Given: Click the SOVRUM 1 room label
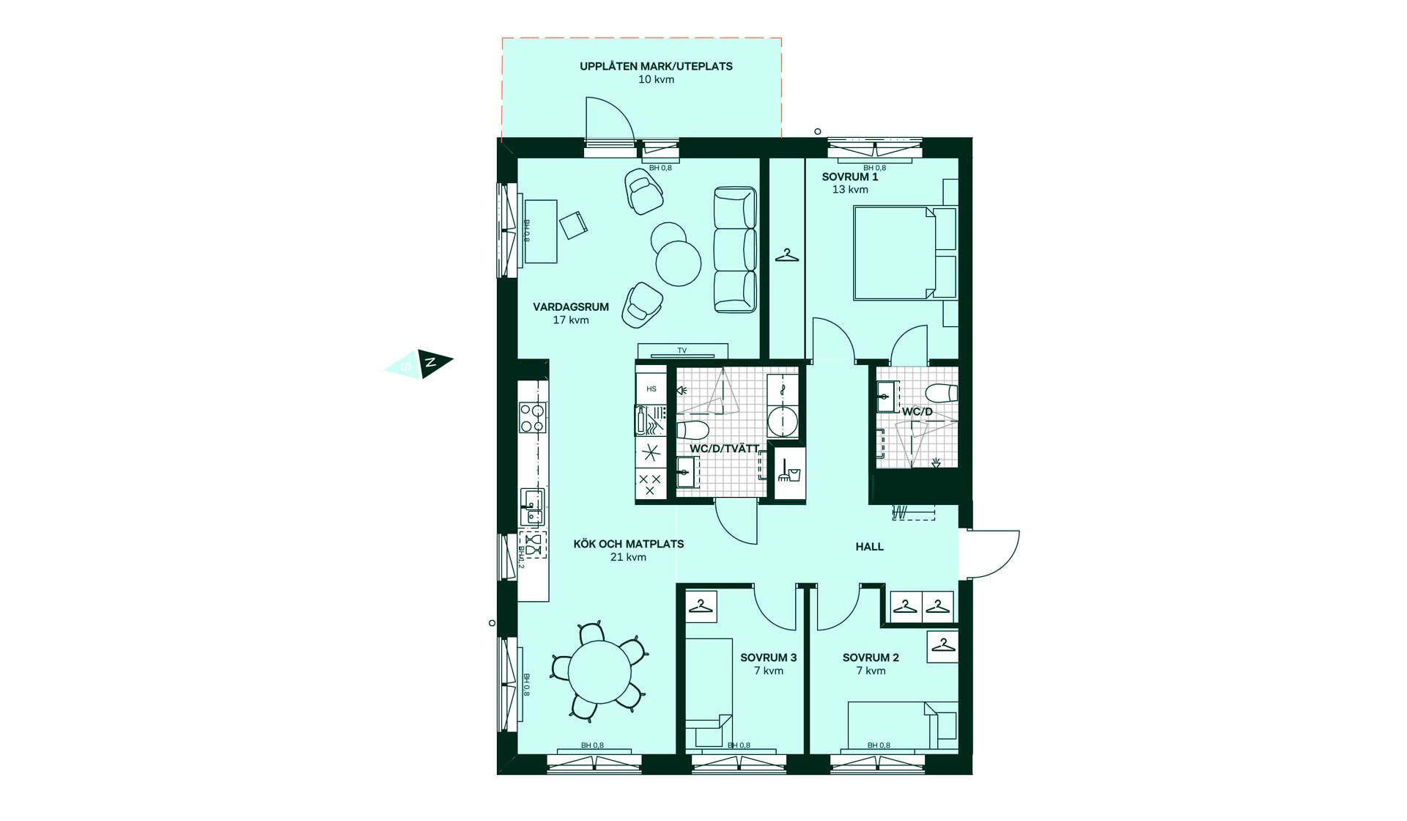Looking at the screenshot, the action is [849, 177].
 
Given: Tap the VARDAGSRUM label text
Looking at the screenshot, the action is [571, 307].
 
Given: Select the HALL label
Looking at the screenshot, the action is [870, 547].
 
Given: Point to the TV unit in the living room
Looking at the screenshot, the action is [682, 350].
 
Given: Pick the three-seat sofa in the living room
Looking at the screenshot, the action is [735, 250].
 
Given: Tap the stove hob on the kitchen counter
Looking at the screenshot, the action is [532, 418].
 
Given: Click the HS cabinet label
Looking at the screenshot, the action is [651, 389].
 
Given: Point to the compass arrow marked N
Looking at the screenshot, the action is [435, 362].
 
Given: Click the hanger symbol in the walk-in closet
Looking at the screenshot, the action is [786, 256].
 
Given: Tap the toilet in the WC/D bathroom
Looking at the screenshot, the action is [942, 393].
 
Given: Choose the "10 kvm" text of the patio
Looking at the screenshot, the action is [656, 80].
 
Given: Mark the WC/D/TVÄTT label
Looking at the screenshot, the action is [724, 449].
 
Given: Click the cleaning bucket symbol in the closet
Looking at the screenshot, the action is [789, 471].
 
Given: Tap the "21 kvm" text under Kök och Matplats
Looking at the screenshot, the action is [628, 557].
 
